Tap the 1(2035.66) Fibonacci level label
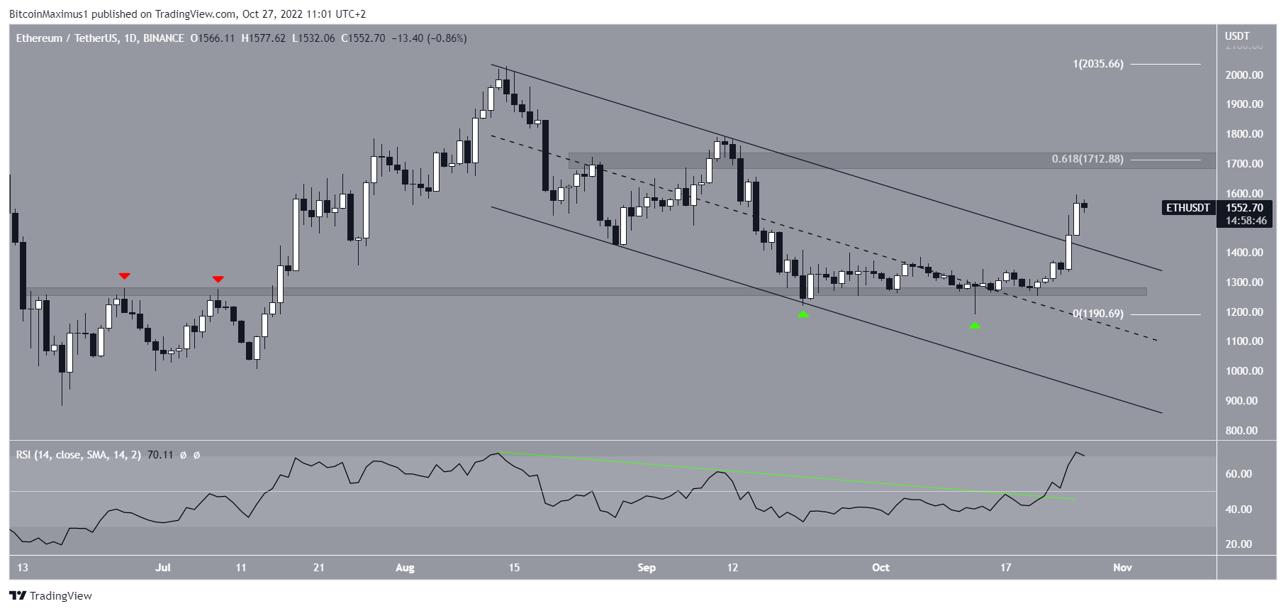click(x=1097, y=64)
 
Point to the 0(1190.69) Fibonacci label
click(x=1097, y=314)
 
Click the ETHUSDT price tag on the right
click(x=1188, y=208)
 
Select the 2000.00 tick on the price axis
click(x=1246, y=75)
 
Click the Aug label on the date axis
click(x=405, y=568)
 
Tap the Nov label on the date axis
click(x=1122, y=568)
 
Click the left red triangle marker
click(x=125, y=276)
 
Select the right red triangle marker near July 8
click(x=218, y=280)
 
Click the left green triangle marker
click(x=803, y=314)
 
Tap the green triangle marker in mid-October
click(x=975, y=326)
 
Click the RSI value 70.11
click(x=160, y=455)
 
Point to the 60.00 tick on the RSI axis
click(x=1239, y=474)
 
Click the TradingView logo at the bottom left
click(x=51, y=595)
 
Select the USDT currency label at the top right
click(x=1237, y=36)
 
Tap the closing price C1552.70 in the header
click(x=363, y=38)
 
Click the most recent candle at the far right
click(x=1085, y=207)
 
